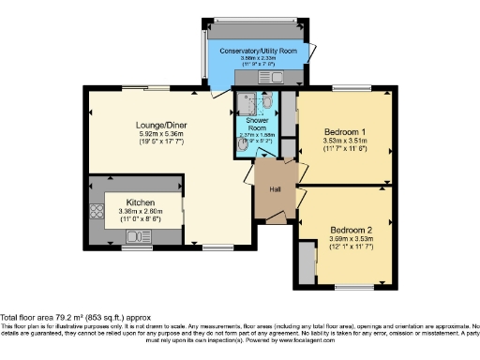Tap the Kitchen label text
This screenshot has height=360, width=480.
[x=142, y=202]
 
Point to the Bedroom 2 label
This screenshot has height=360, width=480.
[x=351, y=230]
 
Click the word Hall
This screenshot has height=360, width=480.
[x=276, y=190]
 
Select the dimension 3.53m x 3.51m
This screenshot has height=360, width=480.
[x=344, y=141]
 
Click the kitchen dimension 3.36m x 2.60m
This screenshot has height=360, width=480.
[x=142, y=211]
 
